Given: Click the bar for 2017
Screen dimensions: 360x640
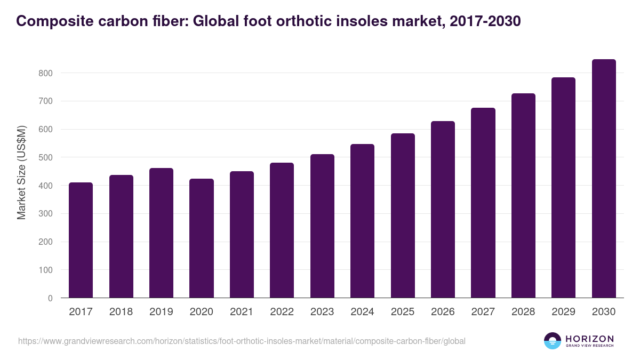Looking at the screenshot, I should pos(81,240).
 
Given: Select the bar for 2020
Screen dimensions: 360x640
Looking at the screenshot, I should pos(202,238).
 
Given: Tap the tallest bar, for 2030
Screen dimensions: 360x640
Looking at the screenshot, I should pos(604,179).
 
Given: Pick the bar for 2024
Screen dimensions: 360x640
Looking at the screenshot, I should pos(362,221).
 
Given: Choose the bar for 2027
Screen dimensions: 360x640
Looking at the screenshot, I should pos(483,203).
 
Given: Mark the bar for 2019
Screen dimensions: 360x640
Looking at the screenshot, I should pos(161,233).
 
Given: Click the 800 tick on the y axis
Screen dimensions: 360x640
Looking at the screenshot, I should pos(45,73).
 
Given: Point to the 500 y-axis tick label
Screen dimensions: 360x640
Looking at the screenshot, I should pos(45,158).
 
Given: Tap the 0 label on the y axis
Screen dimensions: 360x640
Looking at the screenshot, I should pos(50,299).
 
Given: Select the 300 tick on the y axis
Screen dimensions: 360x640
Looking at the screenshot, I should pos(45,214).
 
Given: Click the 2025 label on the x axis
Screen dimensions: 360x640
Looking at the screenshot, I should pos(403,312).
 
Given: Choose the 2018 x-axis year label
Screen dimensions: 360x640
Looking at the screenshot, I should pos(121,312).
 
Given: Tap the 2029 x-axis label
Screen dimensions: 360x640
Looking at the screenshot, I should pos(564,312).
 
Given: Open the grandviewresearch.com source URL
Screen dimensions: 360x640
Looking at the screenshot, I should pos(242,341).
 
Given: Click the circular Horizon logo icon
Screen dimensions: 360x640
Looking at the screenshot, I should pos(553,341).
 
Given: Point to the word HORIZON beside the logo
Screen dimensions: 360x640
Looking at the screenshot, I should pos(589,338).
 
